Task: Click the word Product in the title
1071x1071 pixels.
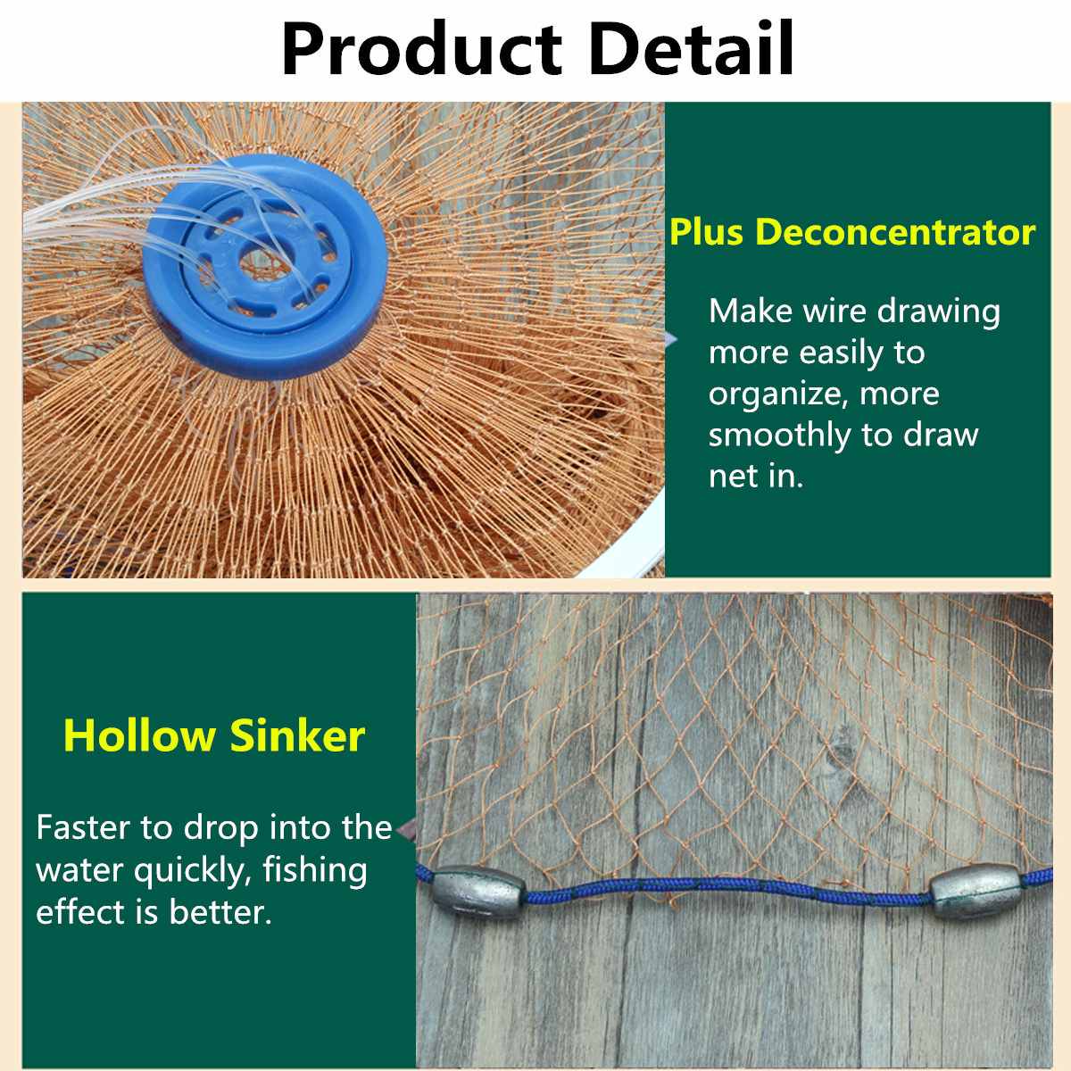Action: tap(420, 48)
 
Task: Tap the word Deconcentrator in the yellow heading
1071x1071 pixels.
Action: tap(895, 232)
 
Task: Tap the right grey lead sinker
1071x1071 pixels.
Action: tap(976, 894)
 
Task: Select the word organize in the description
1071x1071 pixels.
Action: tap(778, 395)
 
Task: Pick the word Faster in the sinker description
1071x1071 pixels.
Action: tap(83, 827)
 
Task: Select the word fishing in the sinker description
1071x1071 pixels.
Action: tap(315, 870)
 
